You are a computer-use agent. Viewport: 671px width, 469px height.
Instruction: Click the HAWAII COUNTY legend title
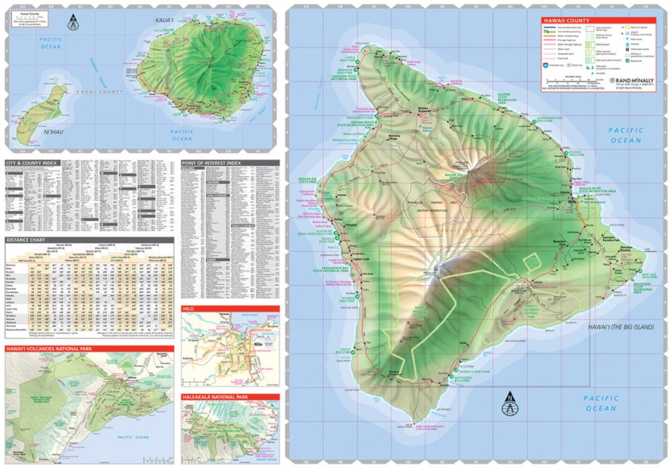[x=566, y=20]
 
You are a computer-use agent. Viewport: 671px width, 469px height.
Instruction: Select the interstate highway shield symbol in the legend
[x=546, y=65]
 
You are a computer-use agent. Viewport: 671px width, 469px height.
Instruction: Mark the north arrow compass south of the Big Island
[x=509, y=404]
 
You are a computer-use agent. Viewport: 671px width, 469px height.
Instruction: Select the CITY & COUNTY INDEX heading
[x=32, y=163]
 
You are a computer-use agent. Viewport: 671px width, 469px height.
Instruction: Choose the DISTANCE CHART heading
[x=26, y=239]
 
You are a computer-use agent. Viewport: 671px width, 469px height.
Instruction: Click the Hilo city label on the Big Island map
[x=572, y=202]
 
